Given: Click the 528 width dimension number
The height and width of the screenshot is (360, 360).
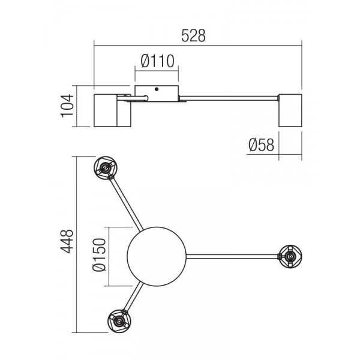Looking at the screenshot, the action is pyautogui.click(x=193, y=35).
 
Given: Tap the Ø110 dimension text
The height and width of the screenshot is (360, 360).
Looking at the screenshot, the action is pyautogui.click(x=157, y=61).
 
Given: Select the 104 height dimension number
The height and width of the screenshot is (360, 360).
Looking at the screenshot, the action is pyautogui.click(x=67, y=106).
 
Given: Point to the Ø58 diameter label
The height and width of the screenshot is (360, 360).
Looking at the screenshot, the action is pyautogui.click(x=261, y=145).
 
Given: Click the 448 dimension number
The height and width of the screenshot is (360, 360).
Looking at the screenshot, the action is pyautogui.click(x=67, y=241).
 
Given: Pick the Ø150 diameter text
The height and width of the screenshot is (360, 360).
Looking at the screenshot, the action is pyautogui.click(x=99, y=255).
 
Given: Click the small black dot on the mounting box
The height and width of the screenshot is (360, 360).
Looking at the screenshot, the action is pyautogui.click(x=157, y=89).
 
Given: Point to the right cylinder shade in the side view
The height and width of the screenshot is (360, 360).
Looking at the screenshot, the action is pyautogui.click(x=290, y=110).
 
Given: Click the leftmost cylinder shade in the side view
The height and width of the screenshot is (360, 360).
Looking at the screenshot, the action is pyautogui.click(x=106, y=110).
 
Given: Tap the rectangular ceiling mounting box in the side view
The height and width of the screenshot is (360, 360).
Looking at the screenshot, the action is pyautogui.click(x=157, y=94).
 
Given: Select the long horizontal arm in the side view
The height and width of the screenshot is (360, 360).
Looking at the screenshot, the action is pyautogui.click(x=229, y=98).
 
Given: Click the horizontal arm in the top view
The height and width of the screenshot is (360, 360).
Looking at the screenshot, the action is pyautogui.click(x=232, y=256).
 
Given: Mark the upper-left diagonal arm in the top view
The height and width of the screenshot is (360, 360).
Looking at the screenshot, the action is pyautogui.click(x=127, y=204).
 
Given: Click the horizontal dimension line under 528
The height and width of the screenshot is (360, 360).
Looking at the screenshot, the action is pyautogui.click(x=198, y=46).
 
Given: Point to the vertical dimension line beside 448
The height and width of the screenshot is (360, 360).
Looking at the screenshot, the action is pyautogui.click(x=77, y=245).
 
